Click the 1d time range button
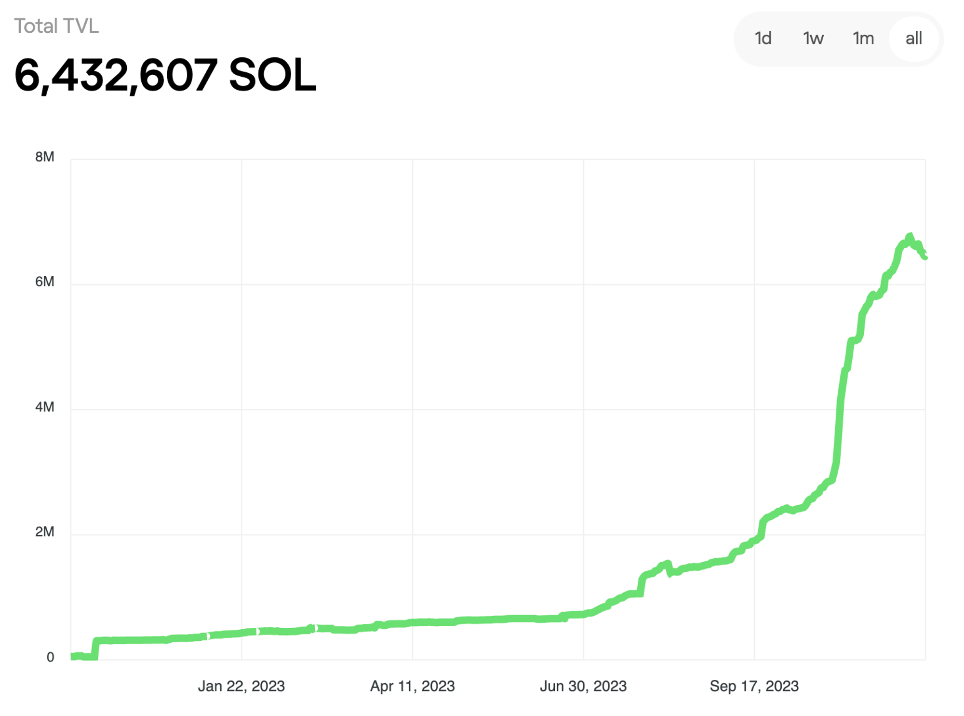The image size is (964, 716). point(763,38)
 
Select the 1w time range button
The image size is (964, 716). point(813,38)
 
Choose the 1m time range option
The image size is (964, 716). point(863,38)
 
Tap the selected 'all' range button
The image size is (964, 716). point(913,38)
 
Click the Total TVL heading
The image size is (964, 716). point(56,26)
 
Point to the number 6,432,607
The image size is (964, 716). point(116,75)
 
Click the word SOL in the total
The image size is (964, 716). point(272,75)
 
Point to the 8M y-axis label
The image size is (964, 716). point(45,157)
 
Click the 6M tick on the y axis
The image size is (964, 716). point(45,282)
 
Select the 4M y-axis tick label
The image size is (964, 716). point(45,407)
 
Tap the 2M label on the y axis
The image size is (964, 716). point(45,532)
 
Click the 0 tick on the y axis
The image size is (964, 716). point(50,657)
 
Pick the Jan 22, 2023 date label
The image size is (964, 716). point(241,686)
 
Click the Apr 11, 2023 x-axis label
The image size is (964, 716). point(412,686)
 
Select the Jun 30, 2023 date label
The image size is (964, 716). point(583,686)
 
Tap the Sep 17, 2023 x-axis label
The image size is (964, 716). point(754,686)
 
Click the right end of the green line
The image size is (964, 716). point(924,257)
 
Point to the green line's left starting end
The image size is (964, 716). point(72,656)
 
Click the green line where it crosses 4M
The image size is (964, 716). point(840,409)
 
